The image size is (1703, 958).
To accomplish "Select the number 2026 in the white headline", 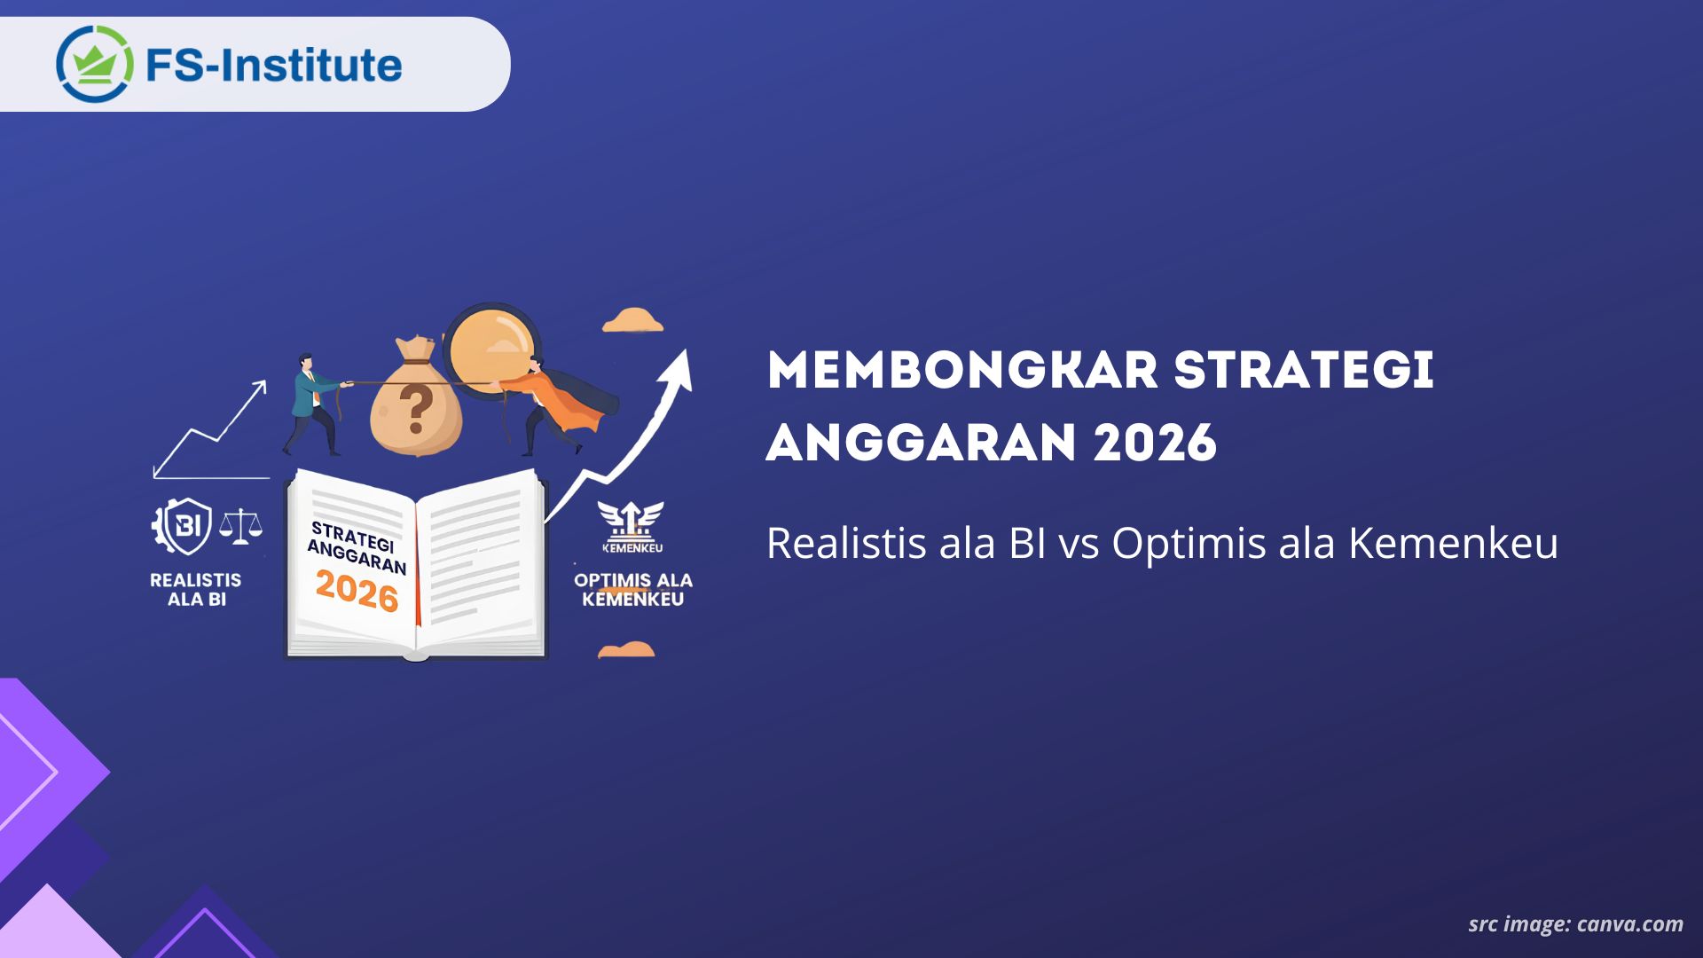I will tap(1154, 442).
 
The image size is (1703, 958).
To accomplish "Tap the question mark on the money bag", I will tap(415, 406).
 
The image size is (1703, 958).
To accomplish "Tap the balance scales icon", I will tap(240, 525).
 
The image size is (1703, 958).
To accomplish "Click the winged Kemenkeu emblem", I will tap(631, 525).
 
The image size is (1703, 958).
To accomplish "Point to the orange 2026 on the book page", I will tap(357, 591).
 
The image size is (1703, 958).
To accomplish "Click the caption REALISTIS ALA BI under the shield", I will tap(195, 590).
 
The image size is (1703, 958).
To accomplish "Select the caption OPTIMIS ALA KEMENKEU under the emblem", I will tap(632, 590).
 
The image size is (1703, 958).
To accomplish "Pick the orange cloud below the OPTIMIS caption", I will tap(626, 650).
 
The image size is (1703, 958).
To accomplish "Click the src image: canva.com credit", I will tap(1575, 924).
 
